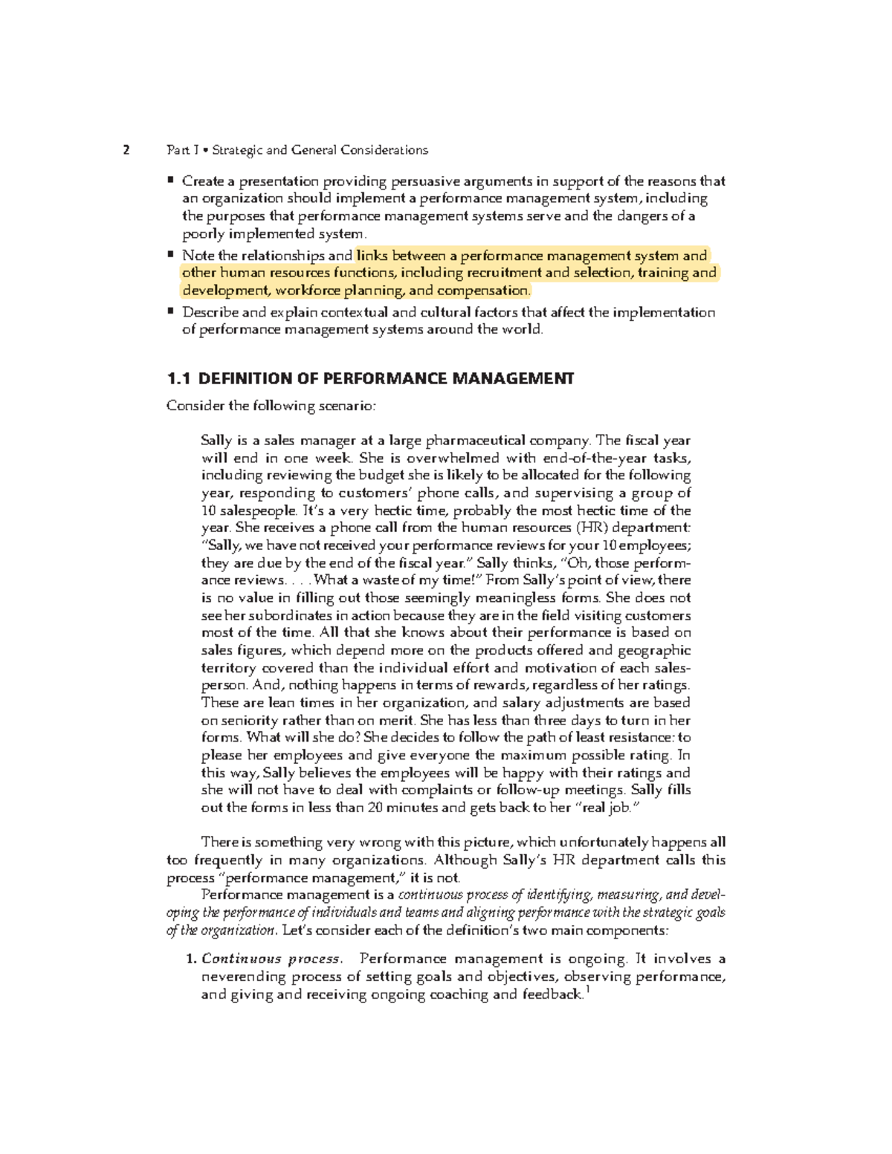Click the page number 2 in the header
126,151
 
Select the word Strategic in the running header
237,151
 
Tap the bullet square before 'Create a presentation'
171,180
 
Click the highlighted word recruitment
474,273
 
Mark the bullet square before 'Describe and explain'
171,311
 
